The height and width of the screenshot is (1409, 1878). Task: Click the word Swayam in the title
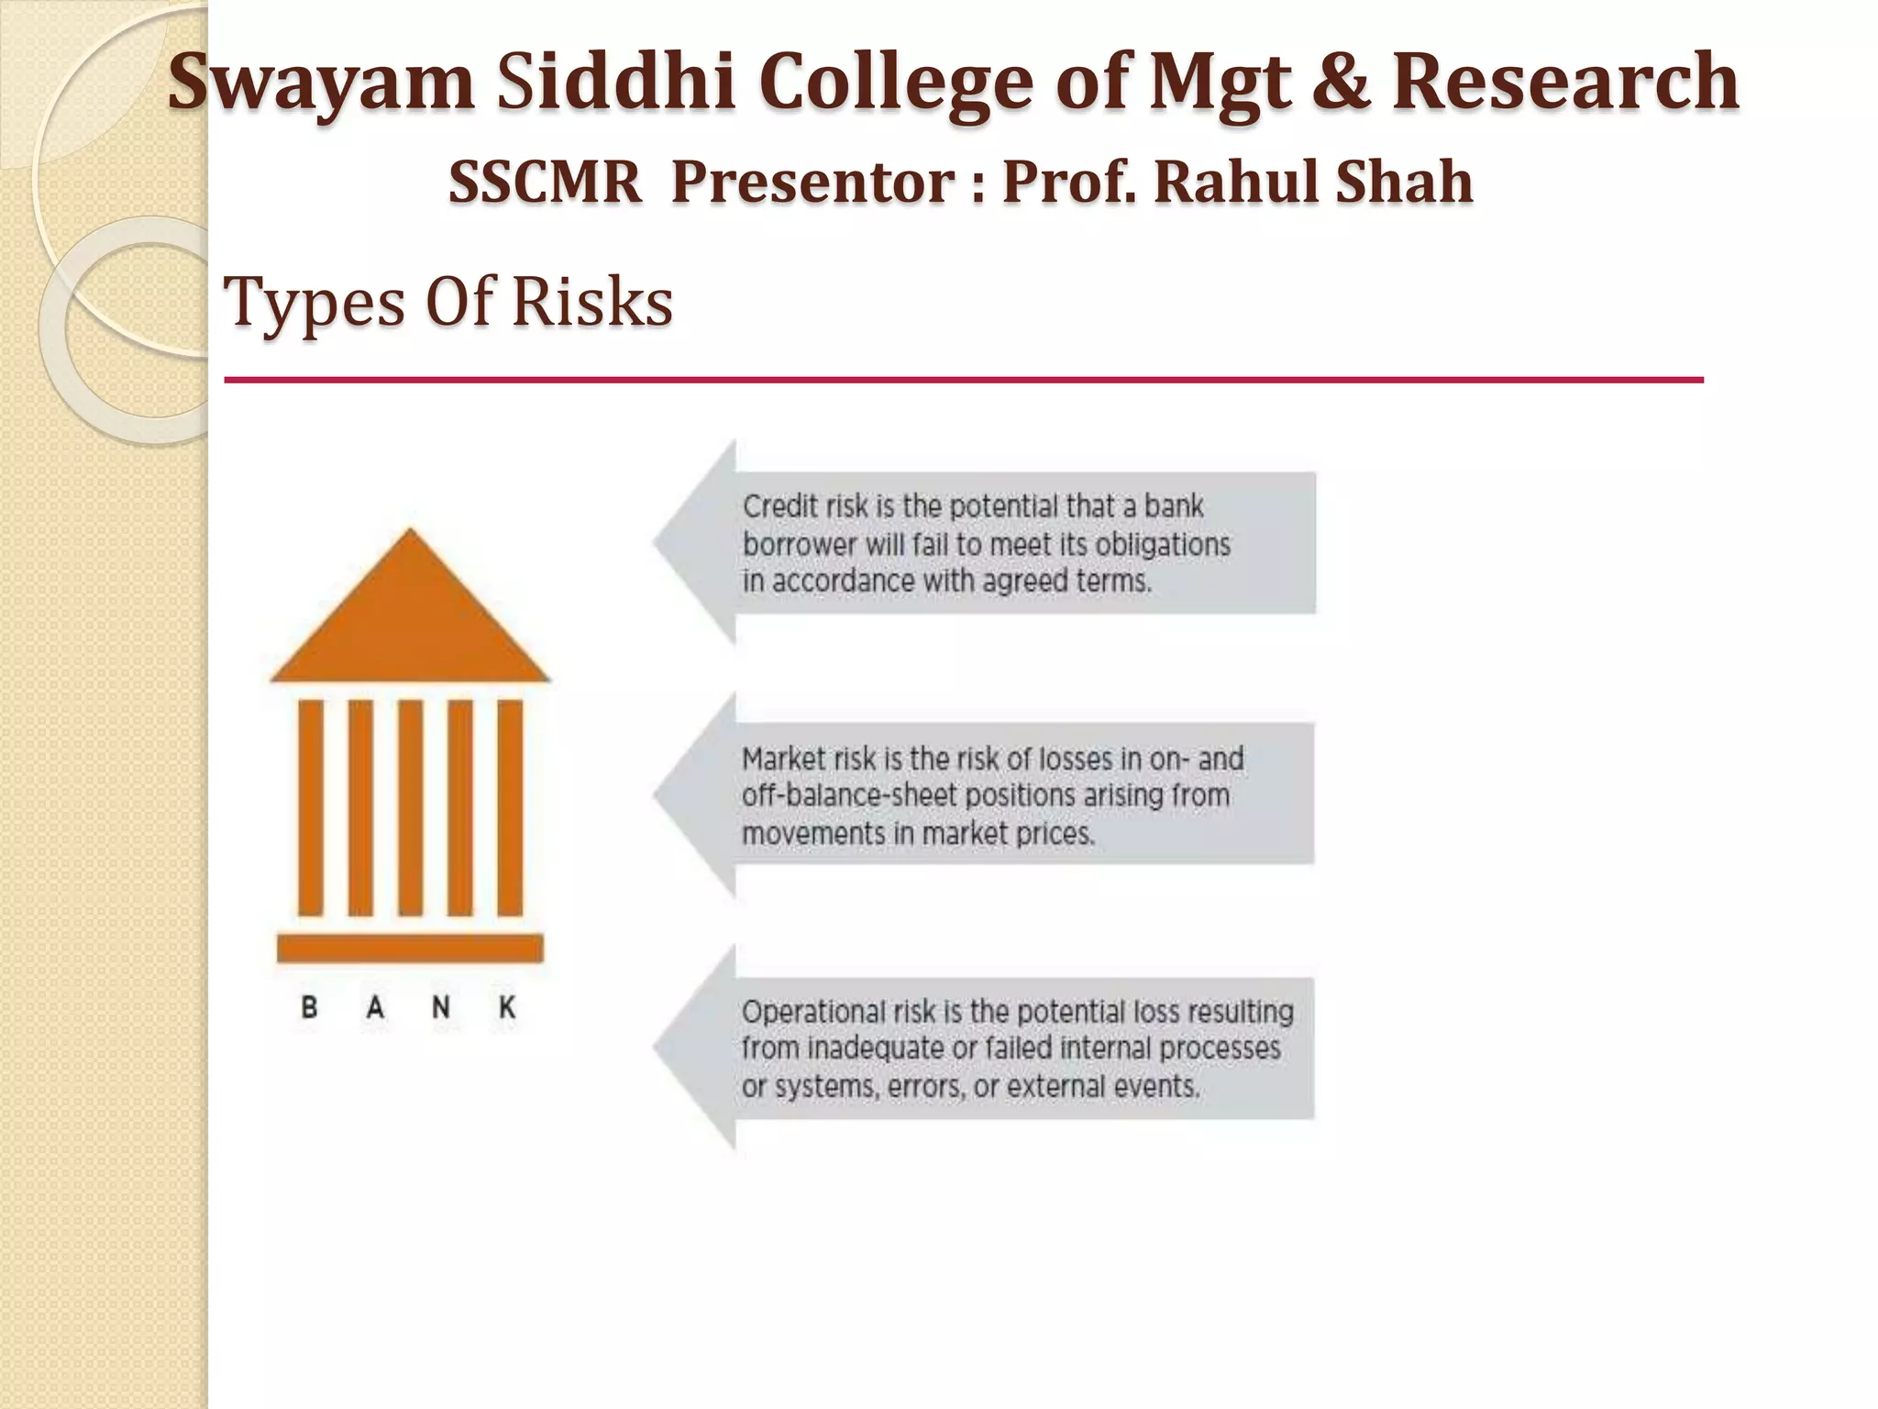(x=321, y=84)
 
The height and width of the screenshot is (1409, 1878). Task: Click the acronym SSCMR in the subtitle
(x=545, y=183)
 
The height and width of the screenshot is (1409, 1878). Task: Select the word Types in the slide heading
(x=314, y=304)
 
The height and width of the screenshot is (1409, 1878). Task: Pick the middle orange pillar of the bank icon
(x=410, y=807)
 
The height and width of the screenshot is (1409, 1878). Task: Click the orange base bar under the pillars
(x=410, y=948)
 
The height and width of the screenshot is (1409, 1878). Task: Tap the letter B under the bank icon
(x=310, y=1008)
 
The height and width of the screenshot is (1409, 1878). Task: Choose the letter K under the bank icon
(x=507, y=1008)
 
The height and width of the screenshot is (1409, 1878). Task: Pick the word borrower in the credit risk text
(x=800, y=545)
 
